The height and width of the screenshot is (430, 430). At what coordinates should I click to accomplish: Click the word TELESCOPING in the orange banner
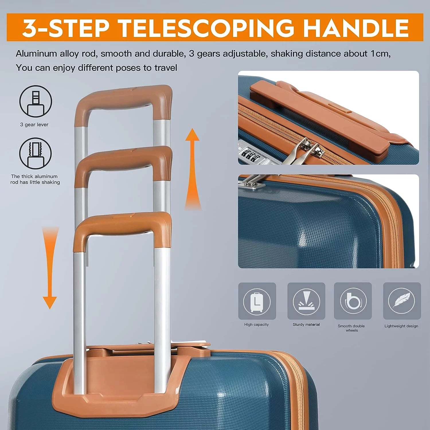coord(206,28)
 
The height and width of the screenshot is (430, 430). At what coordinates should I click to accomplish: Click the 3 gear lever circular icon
coord(36,101)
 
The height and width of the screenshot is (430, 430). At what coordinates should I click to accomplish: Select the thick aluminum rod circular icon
coord(36,154)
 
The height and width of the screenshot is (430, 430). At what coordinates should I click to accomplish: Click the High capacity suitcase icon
coord(257,301)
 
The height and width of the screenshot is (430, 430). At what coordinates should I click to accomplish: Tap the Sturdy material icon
coord(306,301)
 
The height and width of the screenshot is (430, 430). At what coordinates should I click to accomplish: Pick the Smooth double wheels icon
coord(353,301)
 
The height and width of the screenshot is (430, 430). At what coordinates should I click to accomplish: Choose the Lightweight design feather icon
coord(402,301)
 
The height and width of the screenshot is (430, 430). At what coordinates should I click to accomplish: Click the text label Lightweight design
coord(401,326)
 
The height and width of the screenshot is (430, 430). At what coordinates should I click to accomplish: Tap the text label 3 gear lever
coord(34,124)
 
